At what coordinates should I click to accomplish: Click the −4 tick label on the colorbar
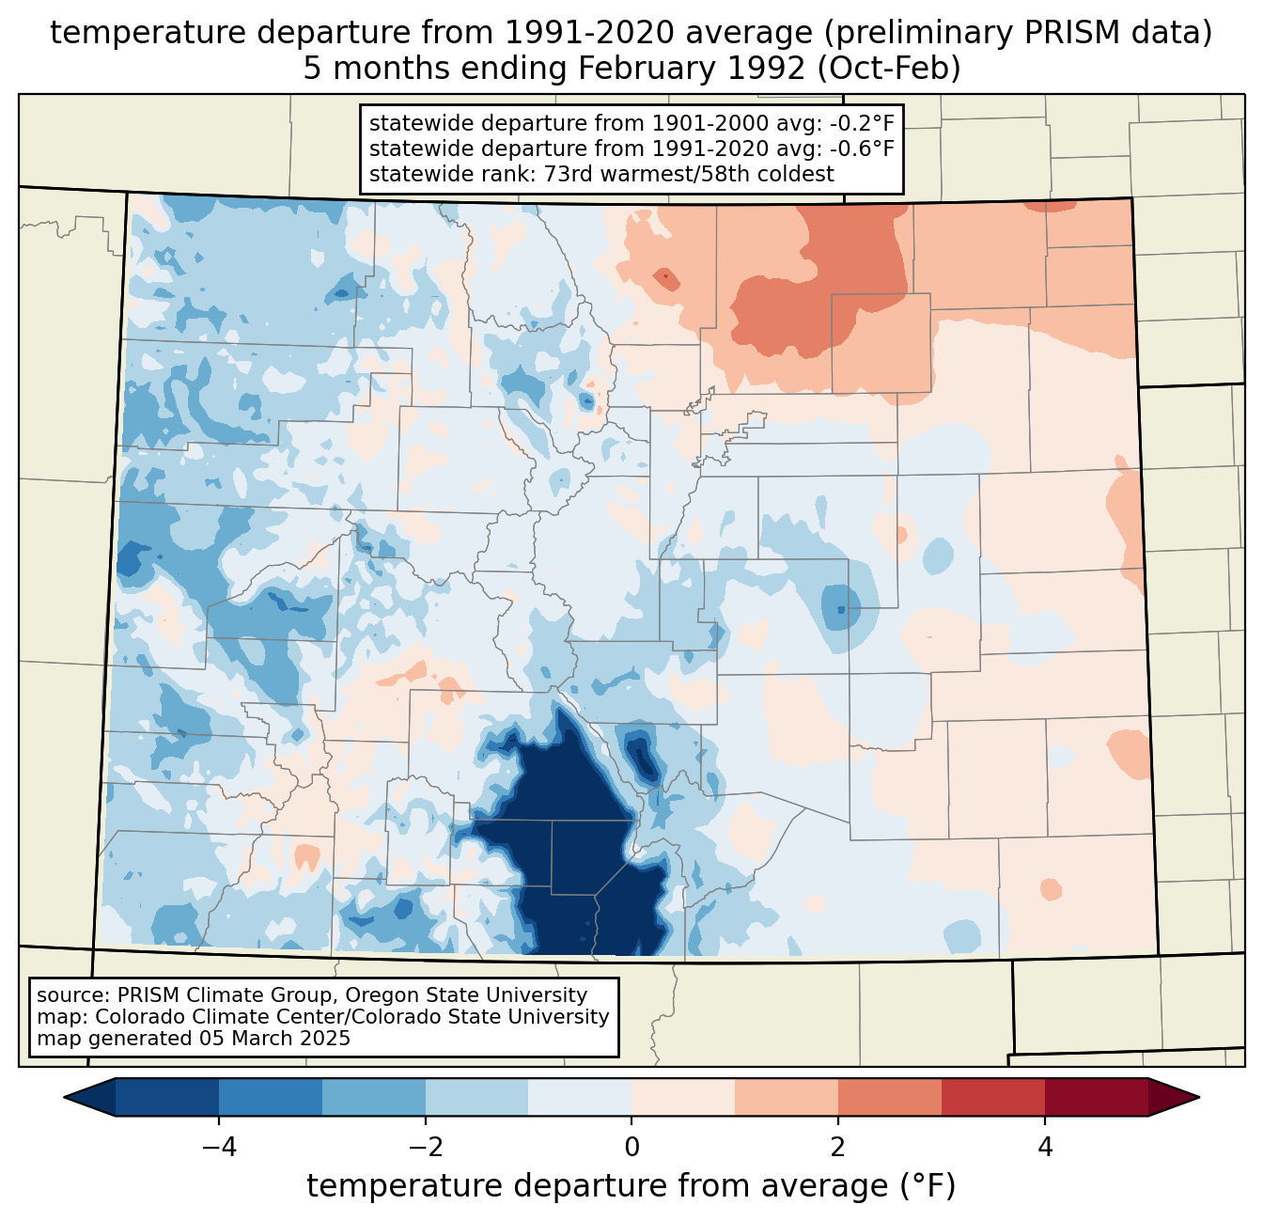[x=218, y=1147]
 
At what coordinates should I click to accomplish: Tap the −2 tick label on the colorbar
[x=425, y=1147]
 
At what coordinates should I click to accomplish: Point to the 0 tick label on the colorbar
[x=631, y=1147]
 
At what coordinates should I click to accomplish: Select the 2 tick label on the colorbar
[x=838, y=1147]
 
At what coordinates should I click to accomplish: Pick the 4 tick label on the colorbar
[x=1045, y=1147]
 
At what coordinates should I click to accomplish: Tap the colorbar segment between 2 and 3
[x=890, y=1097]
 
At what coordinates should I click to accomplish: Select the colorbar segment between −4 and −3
[x=271, y=1097]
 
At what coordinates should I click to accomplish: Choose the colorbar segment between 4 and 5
[x=1097, y=1097]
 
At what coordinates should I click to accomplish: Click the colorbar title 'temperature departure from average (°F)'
[x=631, y=1186]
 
